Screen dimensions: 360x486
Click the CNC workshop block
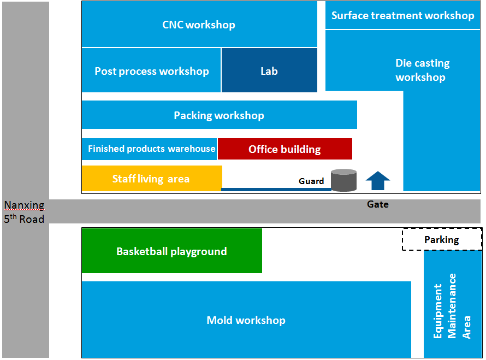(x=199, y=25)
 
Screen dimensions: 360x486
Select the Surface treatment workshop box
(x=402, y=15)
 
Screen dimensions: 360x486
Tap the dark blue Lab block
(x=269, y=70)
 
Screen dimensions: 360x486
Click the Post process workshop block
(x=151, y=71)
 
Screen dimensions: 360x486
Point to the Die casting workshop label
(x=422, y=70)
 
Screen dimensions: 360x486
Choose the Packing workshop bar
(x=219, y=115)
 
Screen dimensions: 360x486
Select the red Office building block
(x=285, y=149)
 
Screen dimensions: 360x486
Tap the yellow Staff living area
(x=151, y=179)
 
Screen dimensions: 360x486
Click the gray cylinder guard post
(x=344, y=180)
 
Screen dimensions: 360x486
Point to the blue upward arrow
(x=377, y=180)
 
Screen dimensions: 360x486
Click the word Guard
(x=311, y=181)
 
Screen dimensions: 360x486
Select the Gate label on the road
(x=377, y=204)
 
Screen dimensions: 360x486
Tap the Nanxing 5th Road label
(x=24, y=212)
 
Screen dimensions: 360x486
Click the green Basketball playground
(x=171, y=251)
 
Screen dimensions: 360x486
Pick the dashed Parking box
(x=442, y=239)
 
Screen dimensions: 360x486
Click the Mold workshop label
(x=246, y=320)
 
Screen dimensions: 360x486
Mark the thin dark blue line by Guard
(x=276, y=190)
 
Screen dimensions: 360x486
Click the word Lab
(x=269, y=71)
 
